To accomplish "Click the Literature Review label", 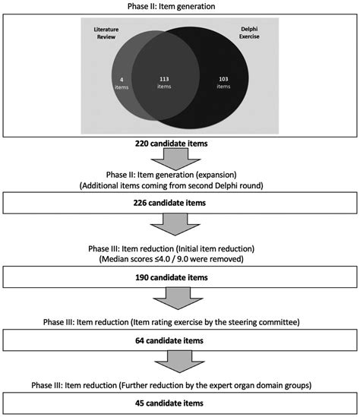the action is tap(106, 33).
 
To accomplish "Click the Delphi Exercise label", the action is tap(249, 33).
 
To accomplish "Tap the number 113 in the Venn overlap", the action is tap(164, 79).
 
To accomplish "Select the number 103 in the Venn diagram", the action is tap(223, 79).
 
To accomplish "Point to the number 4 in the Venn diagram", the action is tap(122, 80).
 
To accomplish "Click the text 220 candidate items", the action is tap(171, 144).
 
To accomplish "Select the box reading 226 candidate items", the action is tap(180, 203).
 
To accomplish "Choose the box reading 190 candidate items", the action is tap(180, 277).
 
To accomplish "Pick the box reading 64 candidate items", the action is tap(180, 340).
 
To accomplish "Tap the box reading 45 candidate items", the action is tap(180, 403).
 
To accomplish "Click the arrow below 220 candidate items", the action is tap(175, 159).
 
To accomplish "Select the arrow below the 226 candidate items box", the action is tap(175, 225).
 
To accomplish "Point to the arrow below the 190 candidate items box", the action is tap(178, 299).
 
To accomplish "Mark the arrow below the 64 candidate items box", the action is tap(179, 362).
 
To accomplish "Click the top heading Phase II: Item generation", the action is tap(171, 6).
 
